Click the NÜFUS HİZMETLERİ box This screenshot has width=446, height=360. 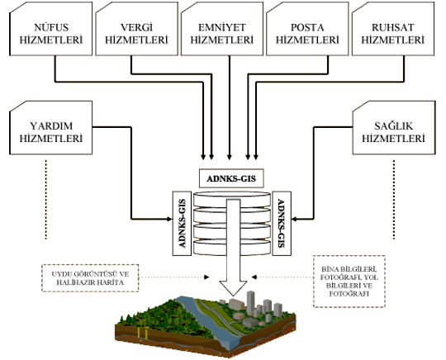tap(51, 29)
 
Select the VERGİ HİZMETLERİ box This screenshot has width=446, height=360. tap(137, 29)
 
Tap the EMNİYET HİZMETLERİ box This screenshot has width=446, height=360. tap(222, 29)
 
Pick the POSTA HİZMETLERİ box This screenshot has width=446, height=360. tap(307, 29)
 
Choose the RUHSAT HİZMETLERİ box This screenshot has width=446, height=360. tap(393, 29)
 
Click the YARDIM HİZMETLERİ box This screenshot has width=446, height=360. tap(51, 128)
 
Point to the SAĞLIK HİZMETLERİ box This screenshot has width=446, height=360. tap(394, 128)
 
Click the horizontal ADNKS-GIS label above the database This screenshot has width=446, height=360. tap(231, 178)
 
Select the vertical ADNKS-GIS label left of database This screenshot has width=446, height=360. tap(182, 223)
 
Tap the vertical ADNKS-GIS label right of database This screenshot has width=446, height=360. tap(282, 223)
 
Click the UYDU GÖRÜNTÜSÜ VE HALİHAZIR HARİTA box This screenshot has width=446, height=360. tap(90, 278)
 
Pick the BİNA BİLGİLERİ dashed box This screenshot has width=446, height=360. tap(349, 282)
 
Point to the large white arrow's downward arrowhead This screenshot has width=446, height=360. tap(233, 288)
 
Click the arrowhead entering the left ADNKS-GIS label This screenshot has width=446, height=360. tap(169, 219)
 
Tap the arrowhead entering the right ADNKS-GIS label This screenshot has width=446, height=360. tap(294, 219)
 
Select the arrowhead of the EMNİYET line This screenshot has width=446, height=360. tap(230, 157)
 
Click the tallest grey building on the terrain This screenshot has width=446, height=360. tap(250, 302)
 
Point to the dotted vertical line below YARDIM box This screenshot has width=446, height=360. tap(45, 200)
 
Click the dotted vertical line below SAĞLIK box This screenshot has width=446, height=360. tap(394, 200)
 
